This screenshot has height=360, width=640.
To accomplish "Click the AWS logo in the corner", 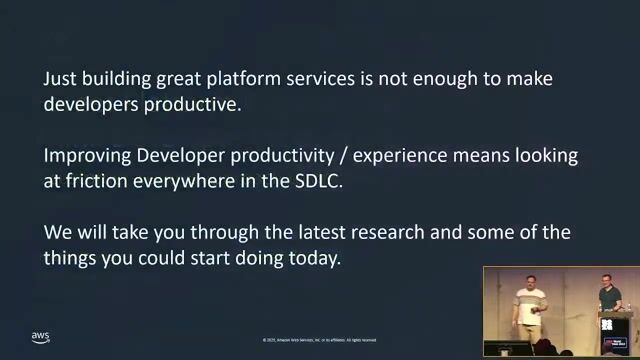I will click(40, 337).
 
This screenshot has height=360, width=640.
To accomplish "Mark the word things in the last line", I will click(73, 258).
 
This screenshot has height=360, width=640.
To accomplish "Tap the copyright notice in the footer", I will click(320, 339).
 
